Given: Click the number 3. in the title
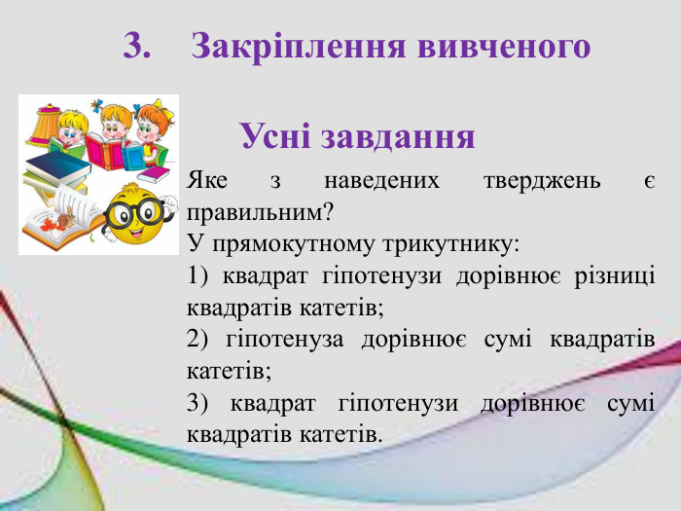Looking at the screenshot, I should point(139,46).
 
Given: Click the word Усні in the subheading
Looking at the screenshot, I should point(275,135).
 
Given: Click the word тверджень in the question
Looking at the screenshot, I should point(542,182).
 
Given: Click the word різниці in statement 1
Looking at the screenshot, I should point(617,275).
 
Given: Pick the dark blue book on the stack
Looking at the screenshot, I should point(58,165).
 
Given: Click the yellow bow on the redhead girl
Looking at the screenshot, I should point(161,110).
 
